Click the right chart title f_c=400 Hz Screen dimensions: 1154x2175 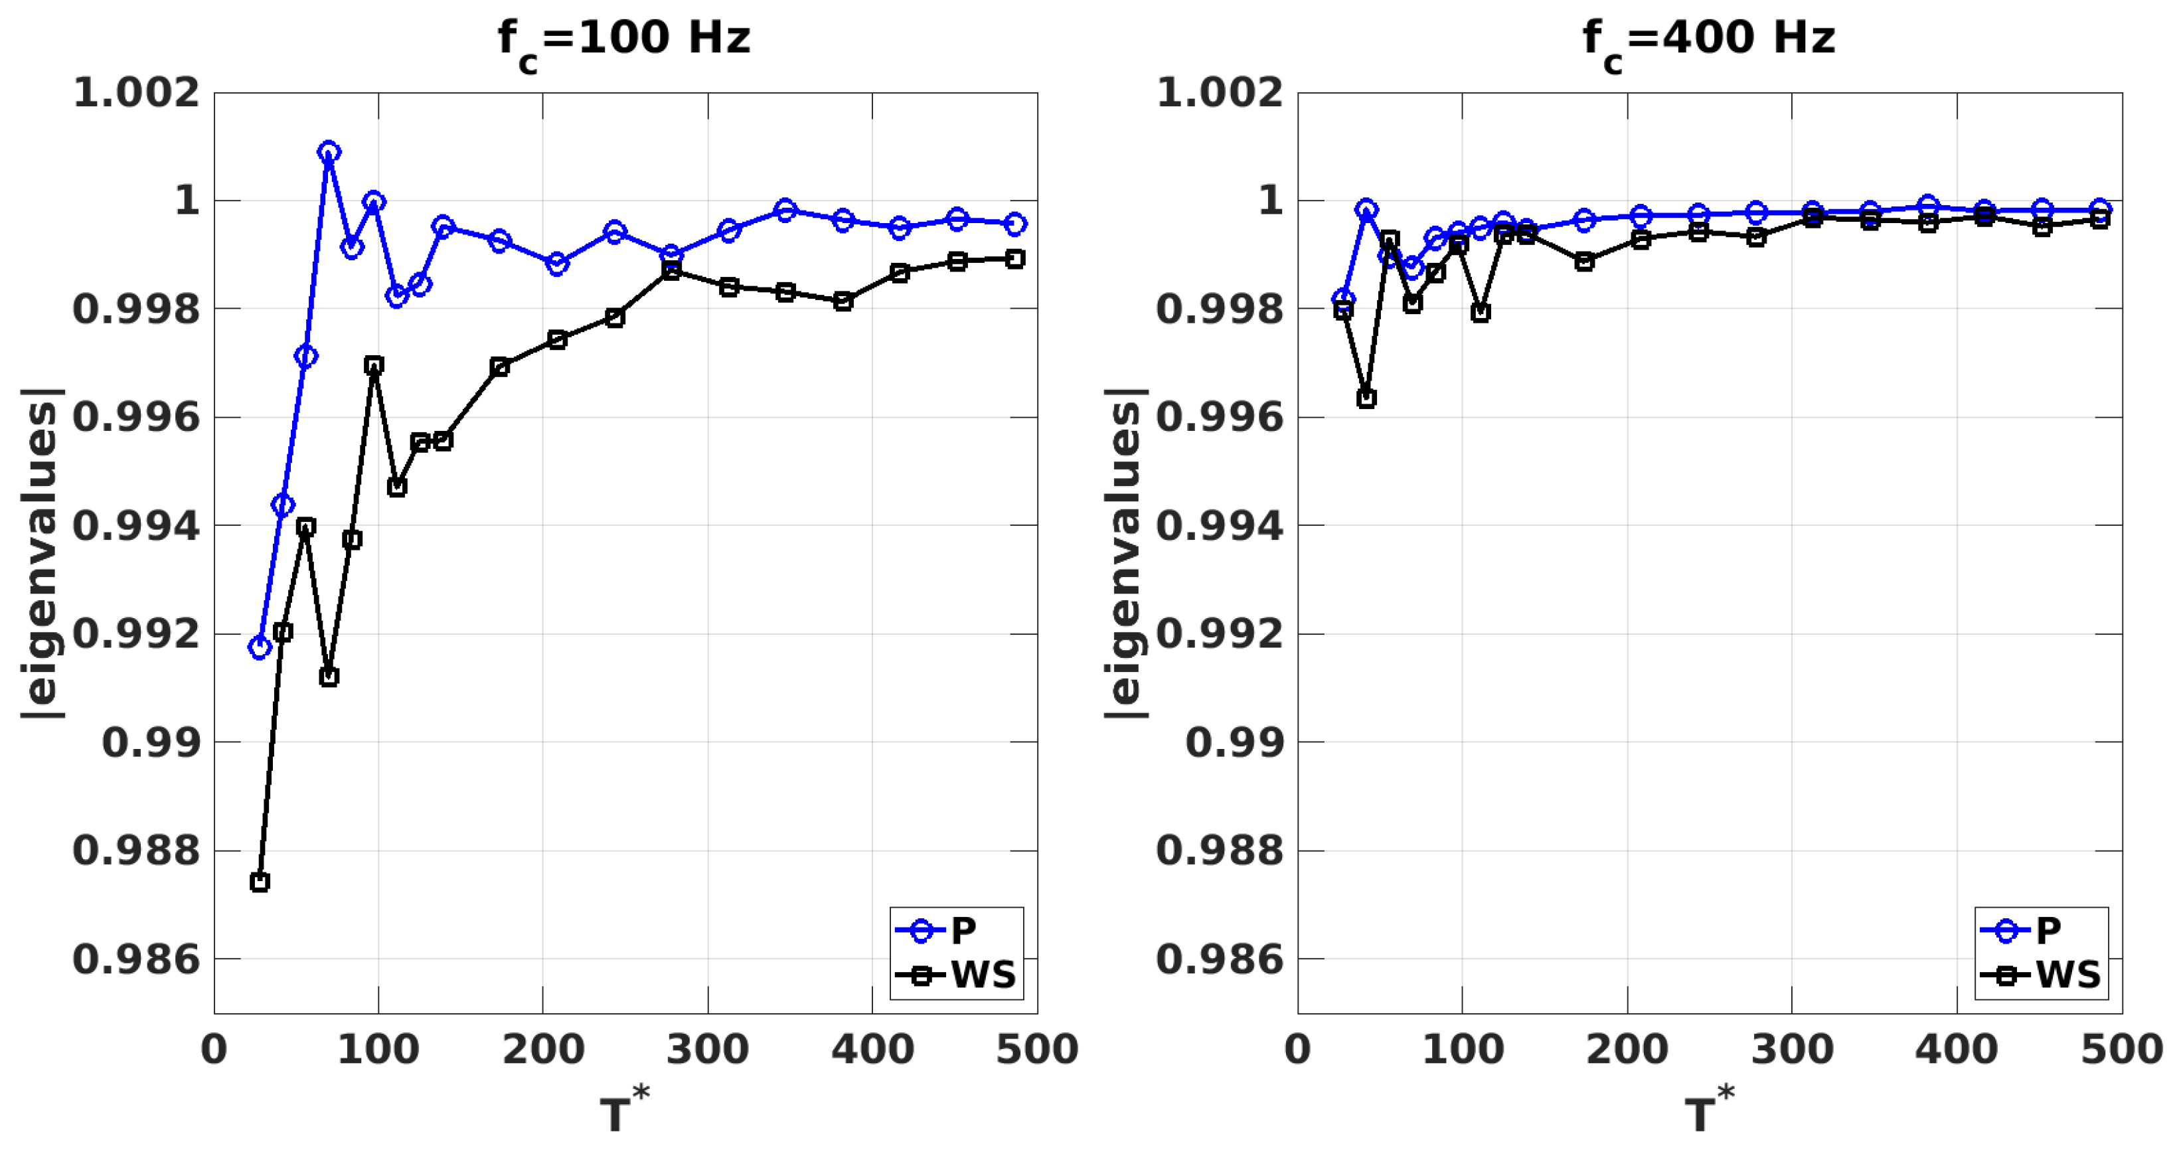click(1708, 41)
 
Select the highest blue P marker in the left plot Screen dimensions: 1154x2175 click(329, 152)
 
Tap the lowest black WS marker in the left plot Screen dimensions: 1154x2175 click(260, 882)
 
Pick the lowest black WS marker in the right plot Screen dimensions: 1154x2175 click(1366, 398)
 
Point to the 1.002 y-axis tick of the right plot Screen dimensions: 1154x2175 click(1219, 92)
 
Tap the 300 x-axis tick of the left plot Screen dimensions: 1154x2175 click(708, 1049)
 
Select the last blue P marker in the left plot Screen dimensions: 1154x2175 click(1016, 224)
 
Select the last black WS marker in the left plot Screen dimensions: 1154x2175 click(1016, 259)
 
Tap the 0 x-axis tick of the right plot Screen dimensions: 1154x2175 click(1298, 1049)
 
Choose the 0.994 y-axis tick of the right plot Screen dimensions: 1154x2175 click(1219, 526)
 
